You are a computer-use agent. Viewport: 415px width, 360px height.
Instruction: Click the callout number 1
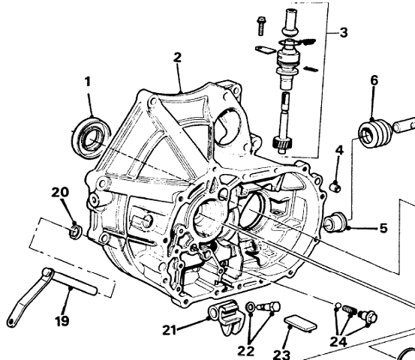click(88, 82)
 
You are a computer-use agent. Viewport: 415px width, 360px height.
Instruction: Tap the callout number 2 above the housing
click(178, 58)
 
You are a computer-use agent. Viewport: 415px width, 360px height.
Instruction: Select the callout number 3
click(343, 33)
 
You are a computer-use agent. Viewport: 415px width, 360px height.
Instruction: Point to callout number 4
click(339, 150)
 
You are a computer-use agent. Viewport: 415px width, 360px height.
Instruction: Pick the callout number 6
click(374, 80)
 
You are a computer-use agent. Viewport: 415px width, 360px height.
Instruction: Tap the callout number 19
click(62, 321)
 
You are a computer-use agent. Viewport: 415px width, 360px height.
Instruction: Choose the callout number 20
click(60, 192)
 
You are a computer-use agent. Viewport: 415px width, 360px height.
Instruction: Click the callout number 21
click(170, 330)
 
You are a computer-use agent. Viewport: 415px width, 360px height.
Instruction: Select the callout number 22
click(246, 351)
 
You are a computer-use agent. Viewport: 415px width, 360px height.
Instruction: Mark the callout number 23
click(281, 355)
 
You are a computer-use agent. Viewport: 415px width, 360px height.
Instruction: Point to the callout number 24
click(338, 342)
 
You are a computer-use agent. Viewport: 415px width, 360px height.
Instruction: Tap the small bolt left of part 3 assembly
click(260, 26)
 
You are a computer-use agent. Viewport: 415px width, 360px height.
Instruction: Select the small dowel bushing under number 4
click(335, 187)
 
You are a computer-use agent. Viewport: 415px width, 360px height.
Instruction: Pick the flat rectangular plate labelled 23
click(301, 322)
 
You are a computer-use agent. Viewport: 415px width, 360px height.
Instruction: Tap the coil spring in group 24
click(350, 309)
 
